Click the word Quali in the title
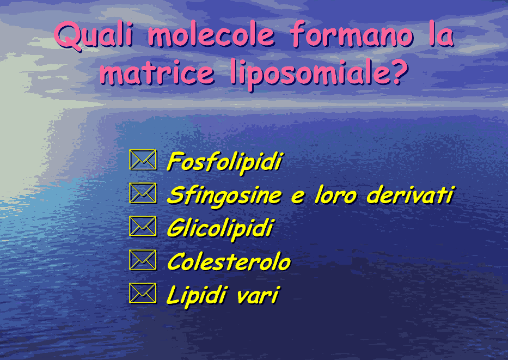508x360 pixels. [x=94, y=35]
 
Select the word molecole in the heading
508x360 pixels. [x=212, y=34]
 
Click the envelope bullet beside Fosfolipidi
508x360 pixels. [x=143, y=160]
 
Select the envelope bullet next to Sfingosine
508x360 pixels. [x=143, y=193]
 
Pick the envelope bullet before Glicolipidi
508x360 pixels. [x=143, y=226]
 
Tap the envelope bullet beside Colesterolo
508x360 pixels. [x=143, y=260]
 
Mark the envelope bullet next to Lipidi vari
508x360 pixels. [x=143, y=293]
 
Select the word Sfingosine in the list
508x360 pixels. [x=224, y=197]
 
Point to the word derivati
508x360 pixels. [x=411, y=195]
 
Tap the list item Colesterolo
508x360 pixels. [x=229, y=261]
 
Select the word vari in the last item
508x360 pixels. [x=258, y=296]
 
